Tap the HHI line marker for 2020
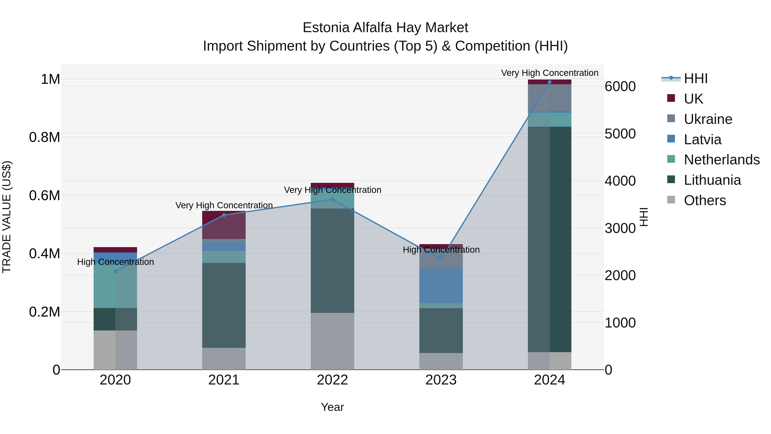[115, 271]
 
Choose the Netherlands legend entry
[721, 160]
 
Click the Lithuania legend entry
[712, 180]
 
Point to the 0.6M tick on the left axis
[45, 196]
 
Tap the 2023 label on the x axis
[441, 380]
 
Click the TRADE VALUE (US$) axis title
[7, 217]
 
